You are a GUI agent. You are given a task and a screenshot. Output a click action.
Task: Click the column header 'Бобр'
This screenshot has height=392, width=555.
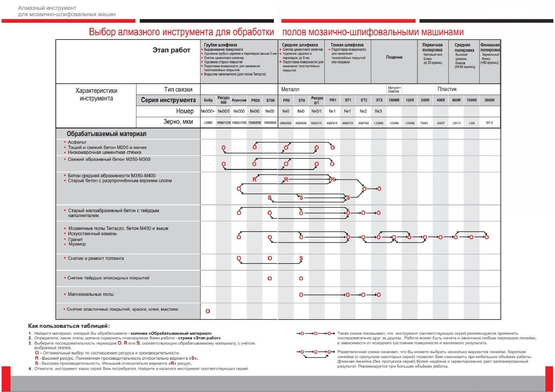coord(208,100)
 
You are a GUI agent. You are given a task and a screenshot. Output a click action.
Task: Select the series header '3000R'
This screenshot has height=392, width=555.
coord(490,100)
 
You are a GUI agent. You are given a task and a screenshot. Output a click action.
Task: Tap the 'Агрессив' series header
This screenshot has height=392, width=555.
coord(239,100)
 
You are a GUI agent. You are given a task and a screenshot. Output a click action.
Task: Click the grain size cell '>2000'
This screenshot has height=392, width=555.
coord(208,123)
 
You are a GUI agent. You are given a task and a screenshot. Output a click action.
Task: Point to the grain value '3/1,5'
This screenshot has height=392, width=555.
coord(489,123)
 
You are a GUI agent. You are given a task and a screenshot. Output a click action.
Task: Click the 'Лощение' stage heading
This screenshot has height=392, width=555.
coord(394,57)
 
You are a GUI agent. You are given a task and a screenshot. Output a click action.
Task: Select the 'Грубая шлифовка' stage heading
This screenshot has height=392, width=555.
coord(220,45)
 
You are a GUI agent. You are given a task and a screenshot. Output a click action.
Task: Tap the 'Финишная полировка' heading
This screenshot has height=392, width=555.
coord(490,47)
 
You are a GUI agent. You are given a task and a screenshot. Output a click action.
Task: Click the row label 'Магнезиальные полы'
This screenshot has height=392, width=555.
coord(91,294)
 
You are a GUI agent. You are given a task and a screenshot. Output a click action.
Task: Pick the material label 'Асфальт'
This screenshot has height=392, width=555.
coord(77,142)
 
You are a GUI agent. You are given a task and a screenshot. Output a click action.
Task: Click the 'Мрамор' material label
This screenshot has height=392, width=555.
coord(77,244)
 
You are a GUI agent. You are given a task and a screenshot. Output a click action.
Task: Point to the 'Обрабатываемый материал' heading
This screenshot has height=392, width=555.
coord(106,134)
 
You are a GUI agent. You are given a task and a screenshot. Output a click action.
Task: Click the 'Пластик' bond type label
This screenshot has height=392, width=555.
coord(447,89)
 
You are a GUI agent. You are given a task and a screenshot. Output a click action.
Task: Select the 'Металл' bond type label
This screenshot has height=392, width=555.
coord(290,89)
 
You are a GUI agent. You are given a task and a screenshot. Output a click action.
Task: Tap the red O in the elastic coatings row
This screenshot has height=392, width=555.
coord(208,311)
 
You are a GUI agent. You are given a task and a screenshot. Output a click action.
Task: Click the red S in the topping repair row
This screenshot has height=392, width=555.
coord(301,258)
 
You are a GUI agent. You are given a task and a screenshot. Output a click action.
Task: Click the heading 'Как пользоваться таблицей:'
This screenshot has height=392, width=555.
coord(69,326)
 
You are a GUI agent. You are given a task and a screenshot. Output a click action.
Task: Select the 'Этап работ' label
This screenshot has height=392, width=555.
coord(171,50)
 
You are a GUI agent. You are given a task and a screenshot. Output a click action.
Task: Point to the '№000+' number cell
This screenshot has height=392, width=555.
coord(208,111)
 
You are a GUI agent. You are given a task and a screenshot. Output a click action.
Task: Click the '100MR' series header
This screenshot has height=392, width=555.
coord(394,100)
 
